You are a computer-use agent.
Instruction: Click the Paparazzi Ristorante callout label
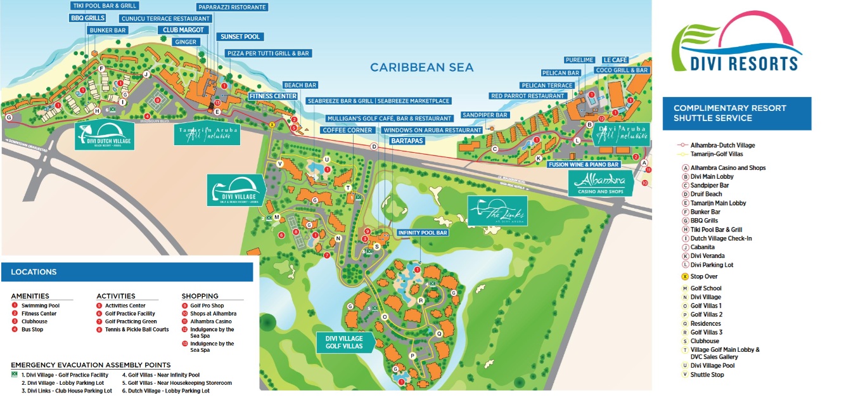pyautogui.click(x=231, y=7)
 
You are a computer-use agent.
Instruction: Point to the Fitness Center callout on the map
pyautogui.click(x=273, y=96)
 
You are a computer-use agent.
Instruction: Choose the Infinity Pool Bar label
pyautogui.click(x=423, y=233)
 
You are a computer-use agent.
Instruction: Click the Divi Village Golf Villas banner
pyautogui.click(x=345, y=342)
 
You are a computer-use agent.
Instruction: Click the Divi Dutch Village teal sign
pyautogui.click(x=105, y=136)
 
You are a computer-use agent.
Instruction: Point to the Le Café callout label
pyautogui.click(x=615, y=60)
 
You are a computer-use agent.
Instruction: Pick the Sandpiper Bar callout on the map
pyautogui.click(x=485, y=115)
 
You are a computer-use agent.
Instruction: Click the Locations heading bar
pyautogui.click(x=127, y=272)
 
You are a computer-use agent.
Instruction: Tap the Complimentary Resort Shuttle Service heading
pyautogui.click(x=736, y=113)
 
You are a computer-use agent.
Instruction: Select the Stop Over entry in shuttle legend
pyautogui.click(x=703, y=276)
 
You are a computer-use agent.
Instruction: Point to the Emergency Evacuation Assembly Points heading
pyautogui.click(x=91, y=365)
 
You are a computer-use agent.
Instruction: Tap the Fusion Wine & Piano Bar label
pyautogui.click(x=583, y=164)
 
